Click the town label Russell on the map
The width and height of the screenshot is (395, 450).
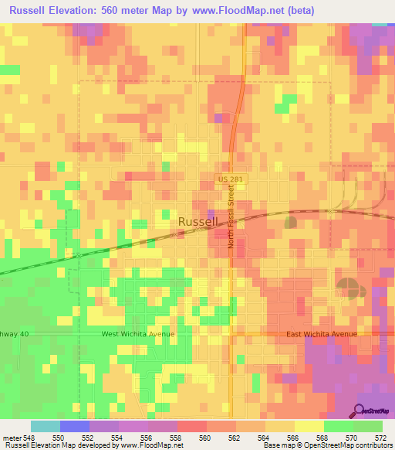[198, 221]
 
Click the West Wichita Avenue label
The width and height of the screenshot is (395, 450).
[138, 334]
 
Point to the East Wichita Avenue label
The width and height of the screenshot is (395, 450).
[322, 334]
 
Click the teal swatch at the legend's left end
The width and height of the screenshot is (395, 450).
[46, 426]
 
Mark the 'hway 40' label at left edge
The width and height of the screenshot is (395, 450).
[12, 334]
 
